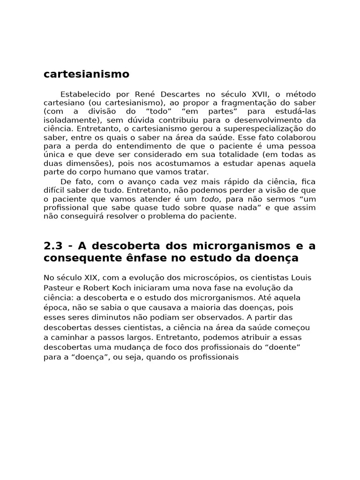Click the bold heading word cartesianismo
[86, 74]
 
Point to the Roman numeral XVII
[258, 94]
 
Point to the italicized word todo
[210, 199]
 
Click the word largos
[136, 337]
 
